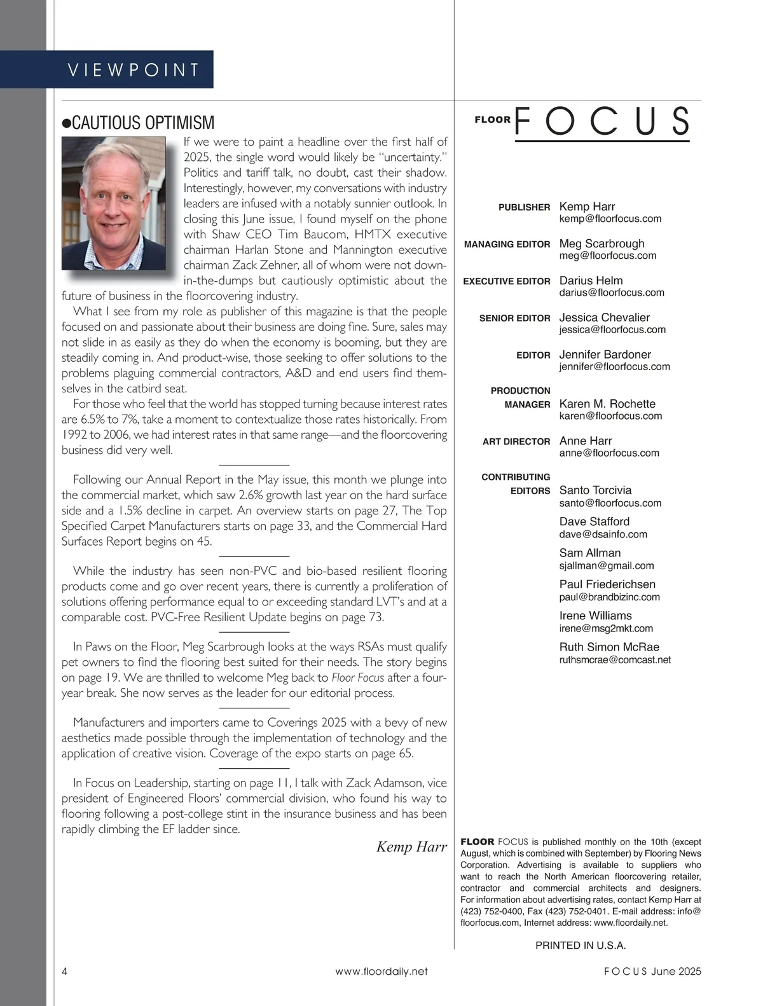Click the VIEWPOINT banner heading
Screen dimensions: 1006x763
coord(134,69)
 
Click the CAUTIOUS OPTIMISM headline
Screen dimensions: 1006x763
coord(144,123)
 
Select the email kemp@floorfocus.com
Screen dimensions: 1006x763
coord(610,219)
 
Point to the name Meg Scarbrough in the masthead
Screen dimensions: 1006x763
coord(601,244)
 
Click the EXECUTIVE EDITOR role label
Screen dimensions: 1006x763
coord(507,281)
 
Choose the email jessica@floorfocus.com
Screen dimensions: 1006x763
coord(612,329)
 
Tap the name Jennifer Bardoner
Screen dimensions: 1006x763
coord(605,354)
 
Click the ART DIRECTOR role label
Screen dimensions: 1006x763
coord(516,441)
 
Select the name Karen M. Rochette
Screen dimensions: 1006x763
coord(607,404)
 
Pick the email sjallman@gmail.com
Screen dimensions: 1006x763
coord(607,565)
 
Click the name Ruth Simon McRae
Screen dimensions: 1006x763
coord(609,647)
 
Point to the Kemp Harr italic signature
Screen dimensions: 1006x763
coord(411,846)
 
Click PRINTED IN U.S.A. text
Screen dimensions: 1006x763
coord(581,945)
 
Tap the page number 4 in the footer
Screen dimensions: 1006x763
coord(65,971)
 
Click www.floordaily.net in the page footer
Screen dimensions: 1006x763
coord(381,971)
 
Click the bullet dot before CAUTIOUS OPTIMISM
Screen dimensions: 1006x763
coord(66,123)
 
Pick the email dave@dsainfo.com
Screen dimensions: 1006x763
coord(603,534)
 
